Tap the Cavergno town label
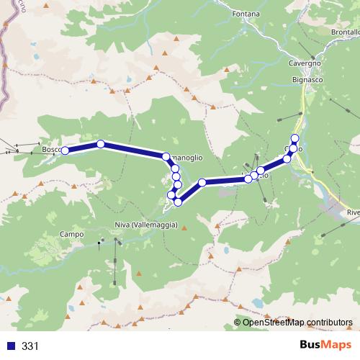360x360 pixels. pyautogui.click(x=305, y=63)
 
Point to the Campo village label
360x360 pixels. pyautogui.click(x=72, y=234)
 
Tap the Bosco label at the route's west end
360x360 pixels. pyautogui.click(x=50, y=150)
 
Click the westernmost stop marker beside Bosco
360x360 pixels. pyautogui.click(x=65, y=150)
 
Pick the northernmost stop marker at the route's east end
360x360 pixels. pyautogui.click(x=294, y=138)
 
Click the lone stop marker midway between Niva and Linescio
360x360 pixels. pyautogui.click(x=203, y=183)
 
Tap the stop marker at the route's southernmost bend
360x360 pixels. pyautogui.click(x=177, y=202)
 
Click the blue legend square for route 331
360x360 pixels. pyautogui.click(x=9, y=346)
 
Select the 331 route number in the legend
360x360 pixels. pyautogui.click(x=30, y=346)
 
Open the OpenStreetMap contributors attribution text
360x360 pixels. pyautogui.click(x=297, y=322)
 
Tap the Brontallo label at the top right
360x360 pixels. pyautogui.click(x=346, y=33)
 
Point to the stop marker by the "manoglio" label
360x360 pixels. pyautogui.click(x=166, y=156)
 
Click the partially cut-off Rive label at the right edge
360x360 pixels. pyautogui.click(x=353, y=212)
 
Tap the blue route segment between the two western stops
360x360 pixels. pyautogui.click(x=83, y=147)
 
